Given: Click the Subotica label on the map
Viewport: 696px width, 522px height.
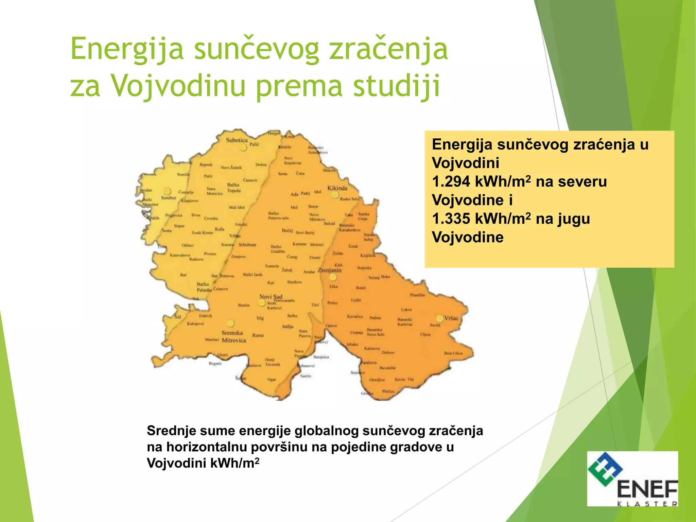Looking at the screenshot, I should tap(237, 140).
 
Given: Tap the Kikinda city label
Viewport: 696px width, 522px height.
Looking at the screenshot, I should tap(337, 188).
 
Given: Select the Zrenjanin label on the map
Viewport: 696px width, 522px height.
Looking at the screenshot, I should tap(329, 271).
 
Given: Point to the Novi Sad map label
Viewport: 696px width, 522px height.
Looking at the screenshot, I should tap(271, 296).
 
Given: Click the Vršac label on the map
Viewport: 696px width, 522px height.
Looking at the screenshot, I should tap(451, 318).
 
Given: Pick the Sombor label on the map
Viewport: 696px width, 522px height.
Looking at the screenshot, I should tap(169, 198).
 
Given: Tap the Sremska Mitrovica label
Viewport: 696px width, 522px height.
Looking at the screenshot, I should tap(233, 336).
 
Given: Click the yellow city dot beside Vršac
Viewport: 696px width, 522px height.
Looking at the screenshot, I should tap(440, 318).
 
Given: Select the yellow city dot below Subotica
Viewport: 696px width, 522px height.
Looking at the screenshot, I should tap(243, 147).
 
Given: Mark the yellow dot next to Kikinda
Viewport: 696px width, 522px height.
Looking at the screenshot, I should tap(335, 195).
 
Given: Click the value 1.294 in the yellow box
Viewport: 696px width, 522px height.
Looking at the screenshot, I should tap(451, 181).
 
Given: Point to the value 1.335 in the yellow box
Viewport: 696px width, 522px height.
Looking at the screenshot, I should tap(451, 219).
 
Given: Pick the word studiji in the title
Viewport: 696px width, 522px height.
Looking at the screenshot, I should tap(397, 86).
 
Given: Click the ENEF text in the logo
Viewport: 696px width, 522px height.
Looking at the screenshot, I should tap(647, 489).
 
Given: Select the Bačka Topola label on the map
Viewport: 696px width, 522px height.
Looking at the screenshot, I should tap(234, 188).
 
